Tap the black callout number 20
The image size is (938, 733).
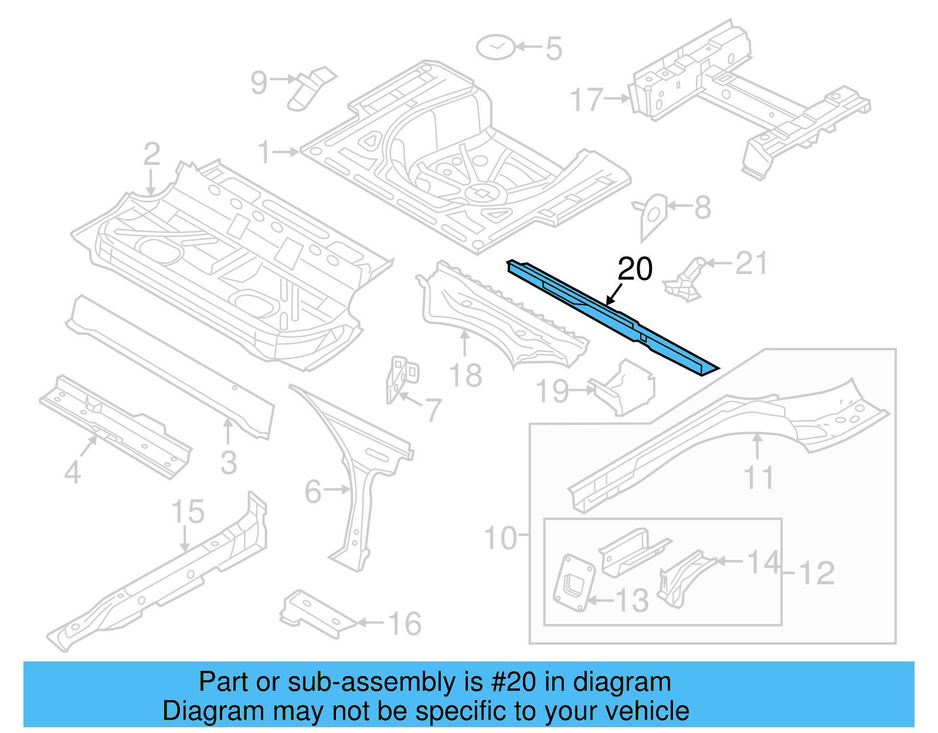(x=635, y=269)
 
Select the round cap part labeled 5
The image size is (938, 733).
(x=496, y=47)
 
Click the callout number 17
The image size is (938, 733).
(x=587, y=100)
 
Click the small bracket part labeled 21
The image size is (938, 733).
(x=686, y=281)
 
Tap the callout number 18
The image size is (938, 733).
(x=465, y=376)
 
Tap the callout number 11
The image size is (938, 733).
(x=759, y=478)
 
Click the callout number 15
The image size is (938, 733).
(x=188, y=512)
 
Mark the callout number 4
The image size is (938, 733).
(x=72, y=471)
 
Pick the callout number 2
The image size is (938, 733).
(x=151, y=154)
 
